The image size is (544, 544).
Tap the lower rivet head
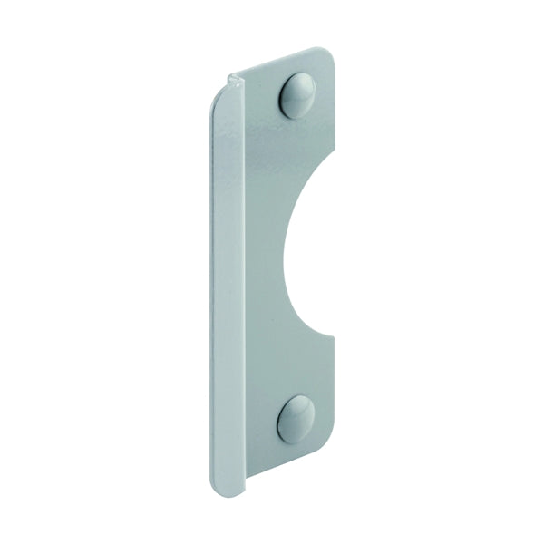pos(296,419)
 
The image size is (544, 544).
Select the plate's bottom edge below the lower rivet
pos(299,463)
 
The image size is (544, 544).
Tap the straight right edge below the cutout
pos(335,399)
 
